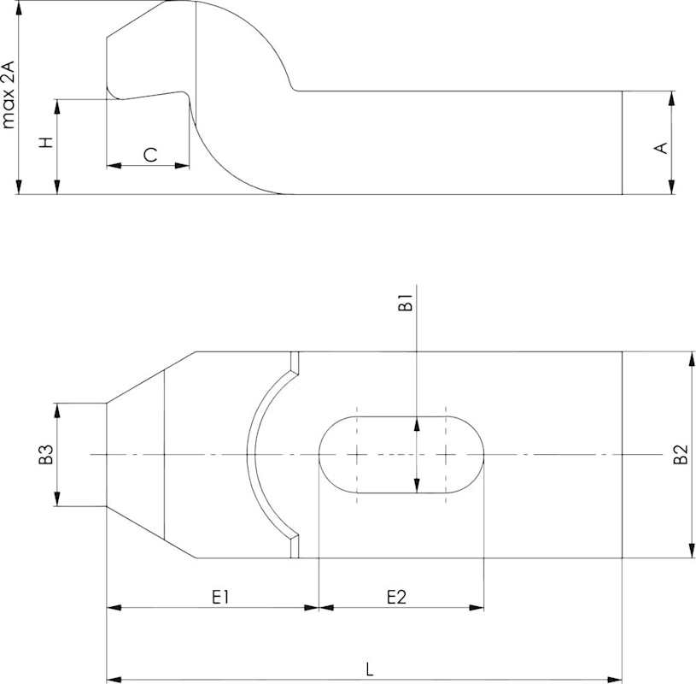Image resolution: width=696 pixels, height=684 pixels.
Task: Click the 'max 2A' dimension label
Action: (x=9, y=95)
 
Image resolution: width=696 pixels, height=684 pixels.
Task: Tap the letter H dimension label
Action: (x=46, y=143)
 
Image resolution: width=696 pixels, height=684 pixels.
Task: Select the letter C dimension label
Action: (x=150, y=155)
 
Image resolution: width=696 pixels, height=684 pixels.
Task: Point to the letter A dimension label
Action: (x=661, y=148)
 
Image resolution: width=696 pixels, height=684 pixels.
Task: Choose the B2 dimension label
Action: (x=681, y=454)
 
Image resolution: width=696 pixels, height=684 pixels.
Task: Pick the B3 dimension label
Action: (x=46, y=454)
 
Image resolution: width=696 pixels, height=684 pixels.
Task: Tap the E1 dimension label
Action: (x=220, y=597)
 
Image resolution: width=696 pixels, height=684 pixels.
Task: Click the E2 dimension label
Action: (x=396, y=597)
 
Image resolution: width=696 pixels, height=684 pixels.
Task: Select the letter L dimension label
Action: (x=370, y=669)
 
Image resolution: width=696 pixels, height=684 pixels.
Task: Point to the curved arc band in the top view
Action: (x=251, y=455)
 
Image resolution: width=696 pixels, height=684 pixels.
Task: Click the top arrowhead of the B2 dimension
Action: (x=692, y=358)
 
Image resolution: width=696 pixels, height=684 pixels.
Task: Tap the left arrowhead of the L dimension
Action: (x=114, y=680)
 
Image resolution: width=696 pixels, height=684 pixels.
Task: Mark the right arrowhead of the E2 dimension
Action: (x=477, y=608)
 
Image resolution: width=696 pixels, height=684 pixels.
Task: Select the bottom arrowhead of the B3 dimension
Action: (x=57, y=499)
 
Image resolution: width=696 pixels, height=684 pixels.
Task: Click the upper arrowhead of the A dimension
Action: (x=671, y=98)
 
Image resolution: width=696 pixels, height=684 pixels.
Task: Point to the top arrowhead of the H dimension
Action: (x=57, y=106)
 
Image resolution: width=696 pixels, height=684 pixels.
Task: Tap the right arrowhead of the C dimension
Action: (x=183, y=166)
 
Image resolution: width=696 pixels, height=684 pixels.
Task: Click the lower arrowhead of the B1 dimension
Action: (x=417, y=486)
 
